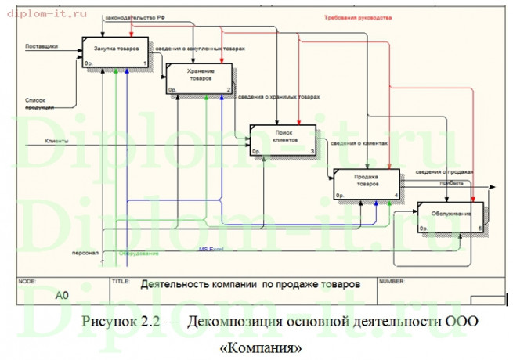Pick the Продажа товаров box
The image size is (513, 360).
coord(367,182)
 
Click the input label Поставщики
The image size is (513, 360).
coord(42,46)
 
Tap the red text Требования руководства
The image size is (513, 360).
coord(358,17)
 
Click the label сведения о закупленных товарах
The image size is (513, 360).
coord(200,49)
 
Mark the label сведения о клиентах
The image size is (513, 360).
coord(359,143)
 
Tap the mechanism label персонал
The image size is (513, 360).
coord(85,254)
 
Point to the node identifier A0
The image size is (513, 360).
coord(62,296)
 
